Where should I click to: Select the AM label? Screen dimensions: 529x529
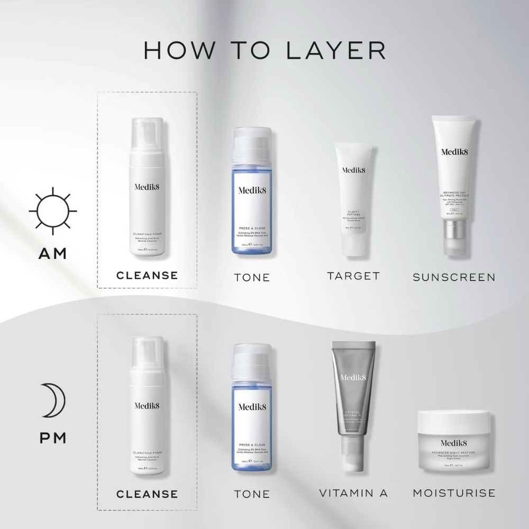point(53,253)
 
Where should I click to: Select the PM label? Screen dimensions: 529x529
point(53,438)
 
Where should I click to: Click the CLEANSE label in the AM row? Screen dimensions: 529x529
point(147,276)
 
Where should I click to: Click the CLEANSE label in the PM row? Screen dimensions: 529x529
point(147,494)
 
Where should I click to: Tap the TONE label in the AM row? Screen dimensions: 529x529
point(252,277)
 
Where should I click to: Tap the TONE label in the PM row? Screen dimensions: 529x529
point(252,494)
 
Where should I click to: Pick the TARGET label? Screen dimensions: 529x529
point(353,276)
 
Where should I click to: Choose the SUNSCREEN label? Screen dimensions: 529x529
point(454,277)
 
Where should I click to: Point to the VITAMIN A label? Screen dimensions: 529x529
point(353,493)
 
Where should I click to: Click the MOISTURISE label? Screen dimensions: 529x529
point(454,493)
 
